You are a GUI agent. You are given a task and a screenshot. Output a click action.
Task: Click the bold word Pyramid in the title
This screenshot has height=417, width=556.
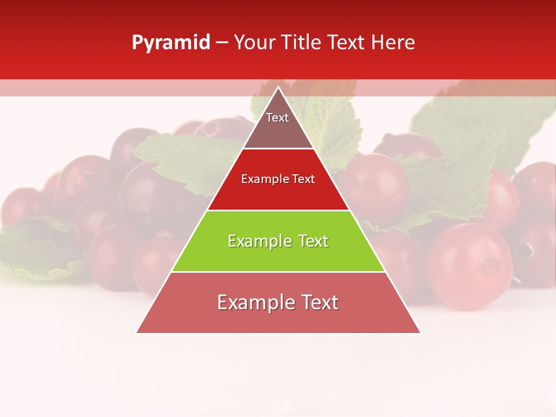pyautogui.click(x=170, y=43)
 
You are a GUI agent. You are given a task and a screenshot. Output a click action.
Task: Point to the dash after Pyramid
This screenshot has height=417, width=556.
pyautogui.click(x=222, y=43)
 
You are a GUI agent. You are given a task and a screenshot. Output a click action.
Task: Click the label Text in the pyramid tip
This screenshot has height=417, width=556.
pyautogui.click(x=277, y=118)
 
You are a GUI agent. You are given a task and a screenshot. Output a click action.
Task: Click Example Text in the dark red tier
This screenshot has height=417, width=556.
pyautogui.click(x=278, y=180)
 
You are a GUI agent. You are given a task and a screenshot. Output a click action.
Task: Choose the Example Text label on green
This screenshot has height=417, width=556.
pyautogui.click(x=278, y=241)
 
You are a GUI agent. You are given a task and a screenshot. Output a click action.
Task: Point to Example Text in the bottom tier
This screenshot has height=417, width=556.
pyautogui.click(x=278, y=302)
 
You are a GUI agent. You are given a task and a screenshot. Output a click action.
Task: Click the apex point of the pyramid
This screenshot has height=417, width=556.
pyautogui.click(x=279, y=87)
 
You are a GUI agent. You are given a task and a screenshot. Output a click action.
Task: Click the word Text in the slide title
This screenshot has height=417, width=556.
pyautogui.click(x=350, y=43)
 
